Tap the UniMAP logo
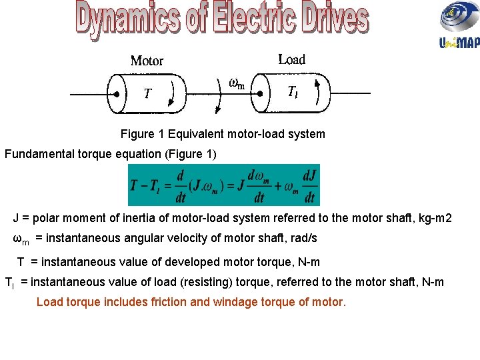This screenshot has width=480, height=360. [x=459, y=25]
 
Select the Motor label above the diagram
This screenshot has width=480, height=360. [x=147, y=61]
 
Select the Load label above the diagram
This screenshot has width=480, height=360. [x=291, y=59]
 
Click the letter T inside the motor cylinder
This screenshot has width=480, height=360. [x=148, y=93]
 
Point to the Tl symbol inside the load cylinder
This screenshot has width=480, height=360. [x=293, y=93]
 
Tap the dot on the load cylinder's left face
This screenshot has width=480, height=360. [x=262, y=93]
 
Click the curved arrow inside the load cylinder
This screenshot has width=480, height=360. [x=320, y=92]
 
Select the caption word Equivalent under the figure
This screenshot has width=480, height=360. [x=197, y=134]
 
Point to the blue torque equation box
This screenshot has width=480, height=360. [x=223, y=185]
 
